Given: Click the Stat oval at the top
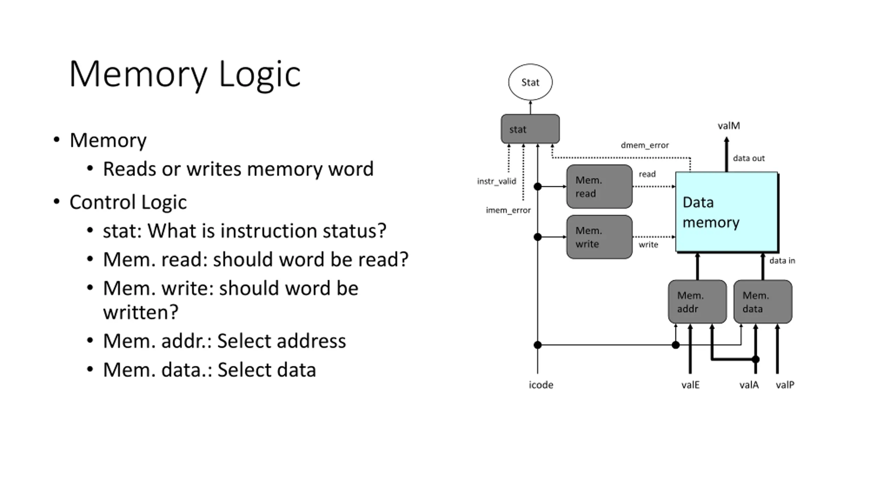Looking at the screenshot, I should click(x=530, y=82).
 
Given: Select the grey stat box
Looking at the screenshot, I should click(x=530, y=129).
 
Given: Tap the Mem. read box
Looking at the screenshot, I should click(x=599, y=187).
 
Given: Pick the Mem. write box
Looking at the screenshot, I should click(x=599, y=237).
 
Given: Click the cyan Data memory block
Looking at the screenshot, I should click(x=727, y=212).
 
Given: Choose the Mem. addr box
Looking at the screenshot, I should click(x=697, y=302).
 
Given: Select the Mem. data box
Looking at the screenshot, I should click(x=763, y=302).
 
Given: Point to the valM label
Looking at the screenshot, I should click(x=729, y=126).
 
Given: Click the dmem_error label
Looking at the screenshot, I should click(x=645, y=145).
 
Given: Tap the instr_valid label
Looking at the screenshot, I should click(x=496, y=181).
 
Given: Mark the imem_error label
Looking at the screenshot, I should click(x=508, y=210).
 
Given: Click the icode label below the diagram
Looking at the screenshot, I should click(x=541, y=385).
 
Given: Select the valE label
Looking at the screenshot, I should click(x=690, y=385).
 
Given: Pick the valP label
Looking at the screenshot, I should click(x=785, y=385).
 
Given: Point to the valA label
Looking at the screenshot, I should click(x=749, y=385).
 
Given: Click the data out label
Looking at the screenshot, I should click(x=749, y=158).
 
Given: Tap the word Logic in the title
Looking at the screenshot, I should click(x=260, y=74).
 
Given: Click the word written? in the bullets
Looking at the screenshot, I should click(x=140, y=312).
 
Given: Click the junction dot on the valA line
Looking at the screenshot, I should click(x=755, y=359).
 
